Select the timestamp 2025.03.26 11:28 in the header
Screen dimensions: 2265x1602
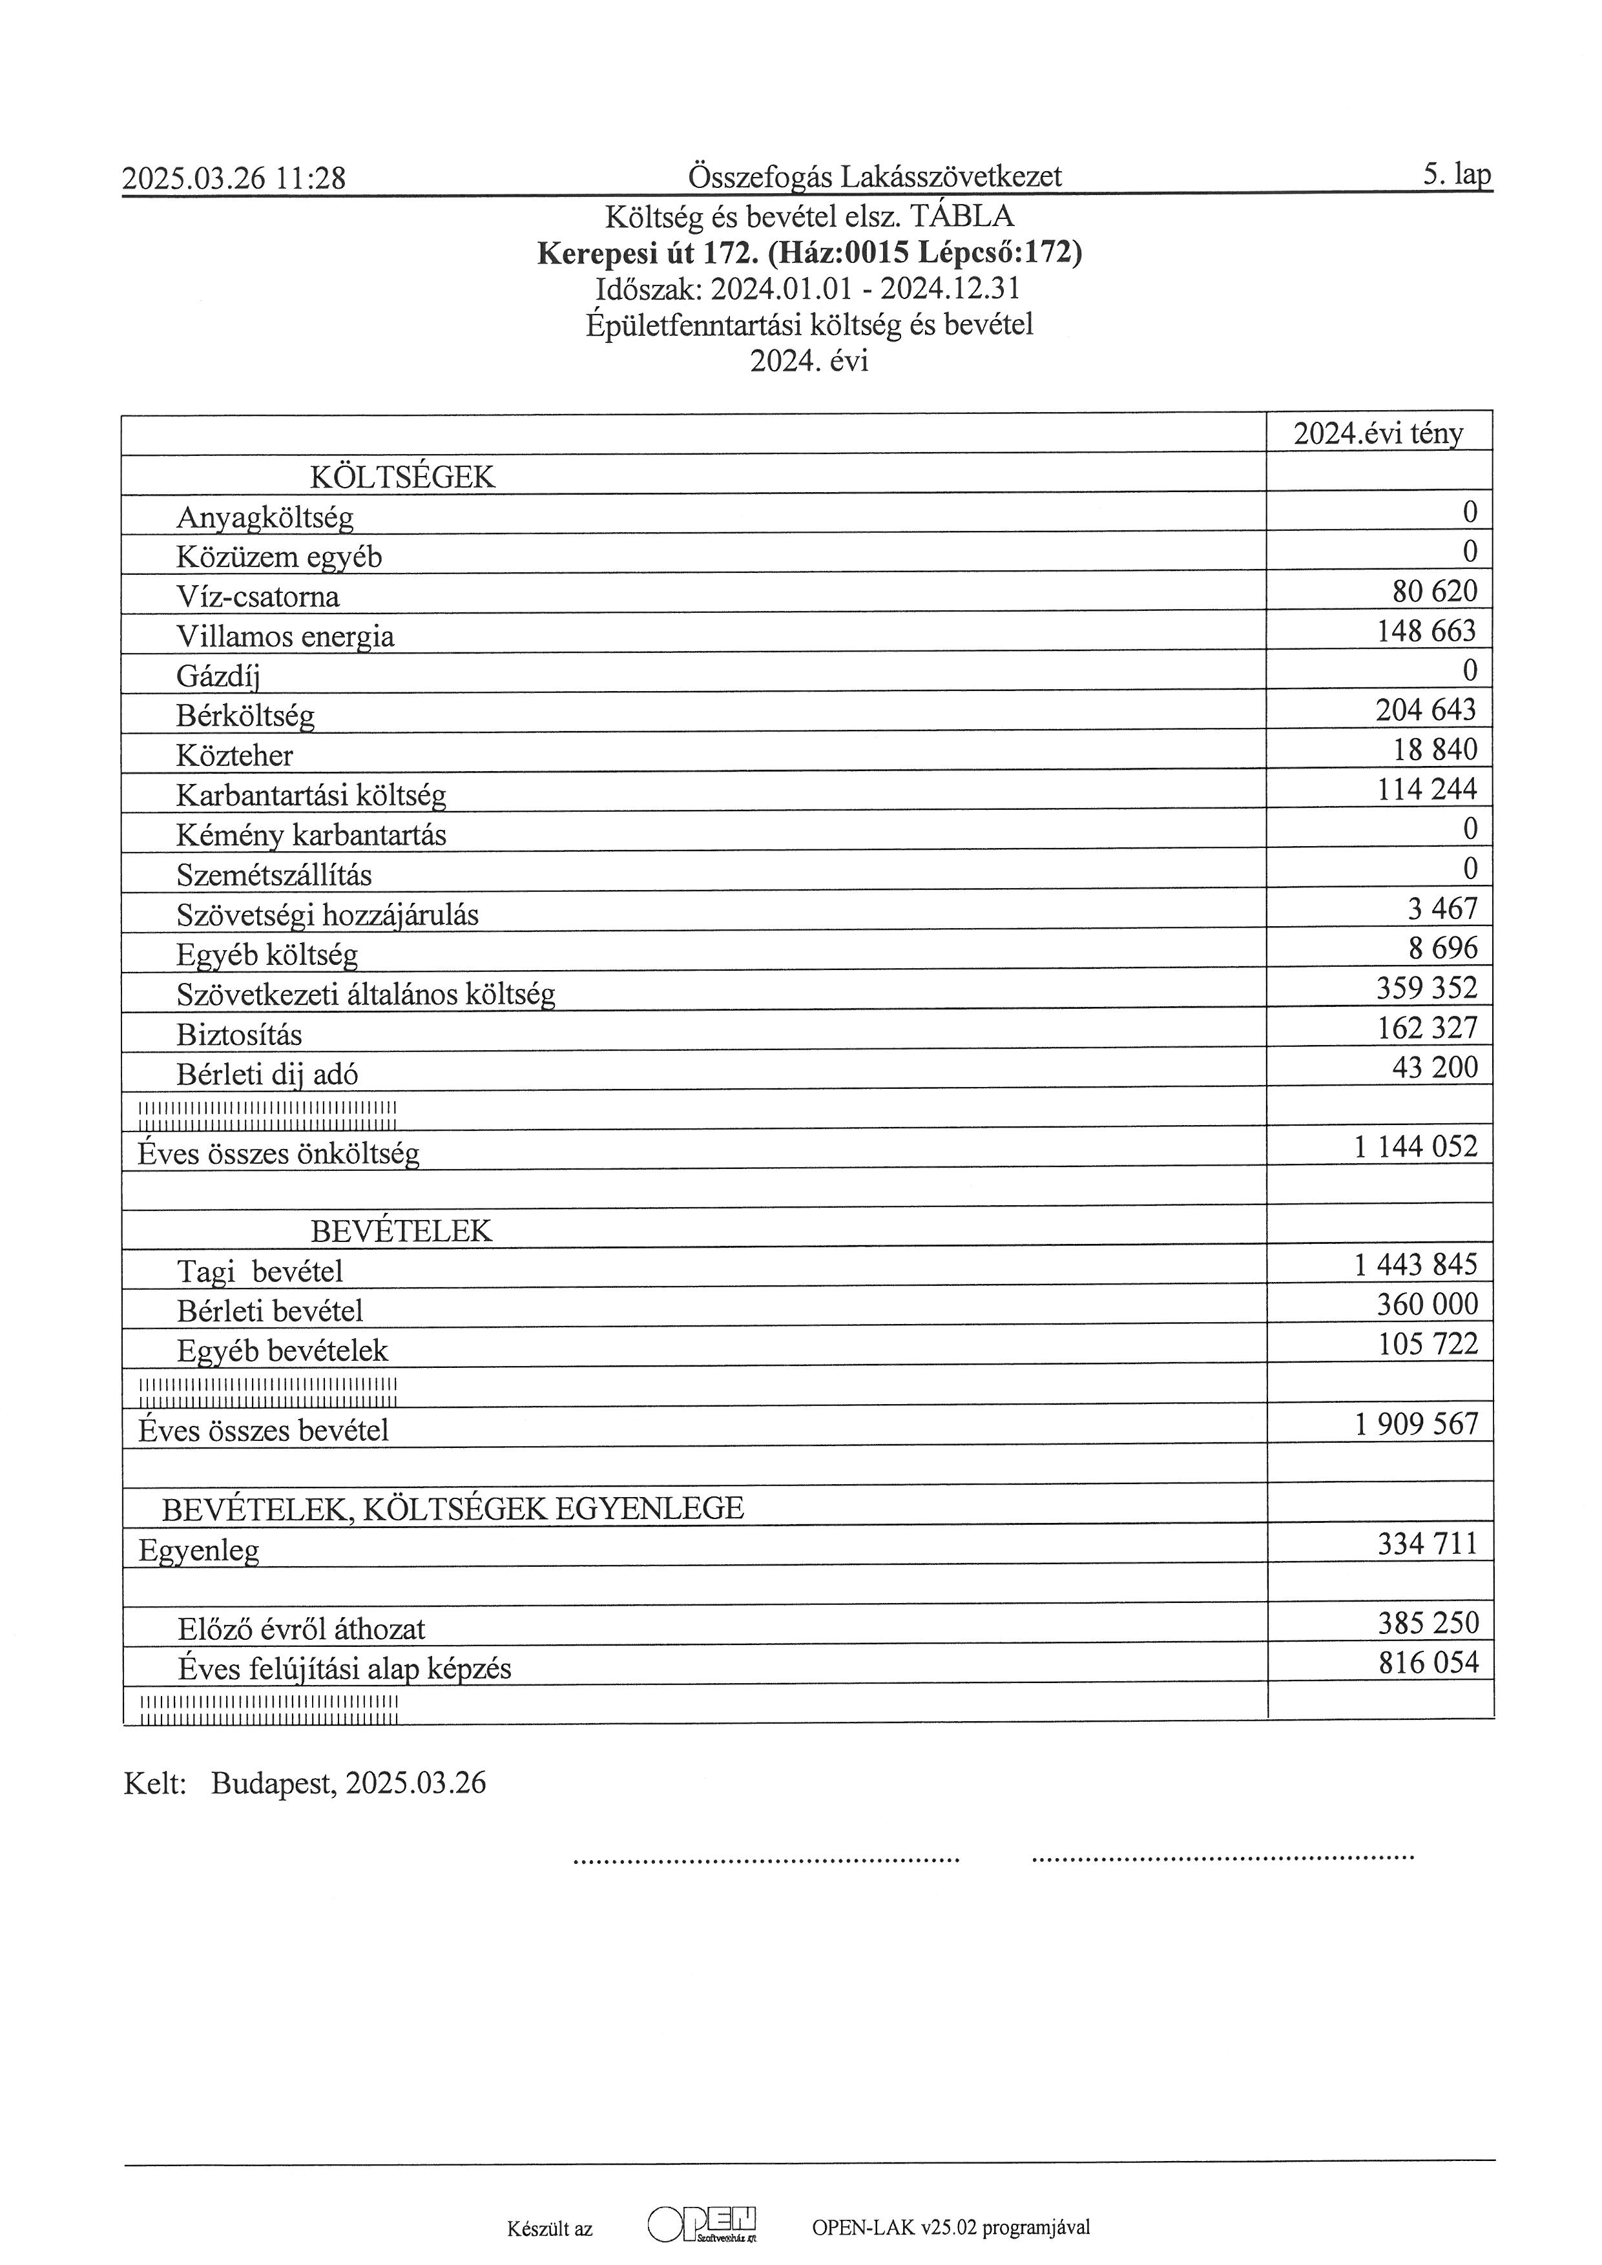pyautogui.click(x=234, y=178)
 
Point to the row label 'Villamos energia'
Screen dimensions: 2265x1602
pyautogui.click(x=285, y=636)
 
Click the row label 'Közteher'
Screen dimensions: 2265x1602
pyautogui.click(x=234, y=756)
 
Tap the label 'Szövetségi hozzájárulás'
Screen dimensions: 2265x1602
pyautogui.click(x=328, y=915)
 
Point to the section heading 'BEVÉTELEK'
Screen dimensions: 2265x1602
pyautogui.click(x=400, y=1231)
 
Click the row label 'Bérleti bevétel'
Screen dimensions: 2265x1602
pyautogui.click(x=270, y=1311)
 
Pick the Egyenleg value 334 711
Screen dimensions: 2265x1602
pyautogui.click(x=1428, y=1543)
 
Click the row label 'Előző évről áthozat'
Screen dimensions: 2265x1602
pyautogui.click(x=301, y=1629)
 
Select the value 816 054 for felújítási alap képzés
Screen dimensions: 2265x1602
pyautogui.click(x=1428, y=1663)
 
